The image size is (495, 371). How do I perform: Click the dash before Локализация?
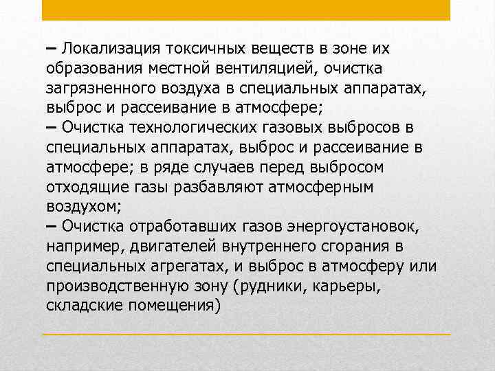click(52, 49)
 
